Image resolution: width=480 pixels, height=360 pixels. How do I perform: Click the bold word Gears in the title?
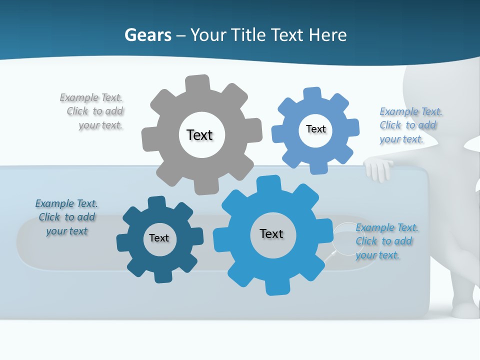(148, 35)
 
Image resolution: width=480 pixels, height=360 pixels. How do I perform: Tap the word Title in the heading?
(249, 35)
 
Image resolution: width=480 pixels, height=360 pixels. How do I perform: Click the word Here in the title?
(327, 35)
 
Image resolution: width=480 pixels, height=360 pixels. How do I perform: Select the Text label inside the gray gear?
(199, 135)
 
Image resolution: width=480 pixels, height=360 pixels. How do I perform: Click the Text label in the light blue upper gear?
(315, 129)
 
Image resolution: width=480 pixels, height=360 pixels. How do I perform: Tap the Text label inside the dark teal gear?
(159, 238)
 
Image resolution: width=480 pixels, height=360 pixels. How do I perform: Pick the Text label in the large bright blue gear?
(271, 233)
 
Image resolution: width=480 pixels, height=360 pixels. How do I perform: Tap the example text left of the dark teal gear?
(67, 217)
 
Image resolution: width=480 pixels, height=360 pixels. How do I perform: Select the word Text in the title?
(287, 35)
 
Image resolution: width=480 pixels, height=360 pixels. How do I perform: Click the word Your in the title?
(210, 35)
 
